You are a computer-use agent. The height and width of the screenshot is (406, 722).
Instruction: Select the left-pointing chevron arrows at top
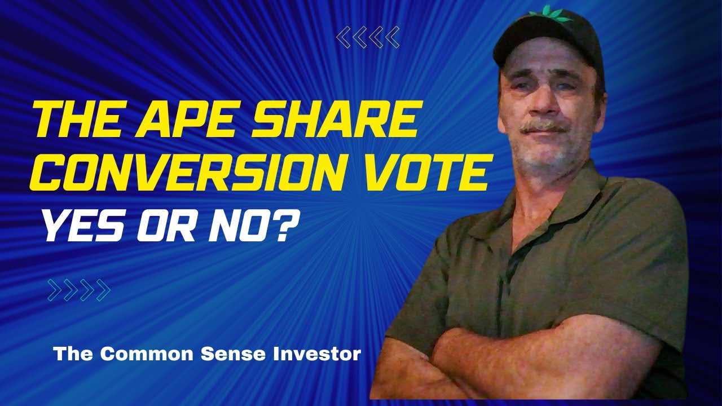[368, 38]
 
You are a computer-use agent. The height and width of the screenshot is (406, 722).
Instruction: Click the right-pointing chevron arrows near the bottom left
[79, 290]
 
